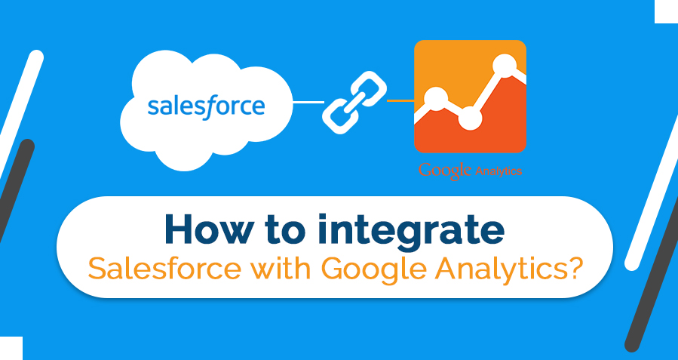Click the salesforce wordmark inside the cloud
pyautogui.click(x=206, y=107)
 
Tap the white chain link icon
pyautogui.click(x=354, y=102)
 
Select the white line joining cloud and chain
pyautogui.click(x=308, y=102)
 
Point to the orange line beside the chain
pyautogui.click(x=400, y=101)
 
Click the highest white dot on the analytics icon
pyautogui.click(x=505, y=66)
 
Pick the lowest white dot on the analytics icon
pyautogui.click(x=470, y=118)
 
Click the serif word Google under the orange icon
pyautogui.click(x=444, y=171)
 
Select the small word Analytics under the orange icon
pyautogui.click(x=499, y=171)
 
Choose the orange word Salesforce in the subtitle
pyautogui.click(x=164, y=268)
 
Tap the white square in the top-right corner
pyautogui.click(x=667, y=11)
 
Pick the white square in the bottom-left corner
pyautogui.click(x=11, y=349)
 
